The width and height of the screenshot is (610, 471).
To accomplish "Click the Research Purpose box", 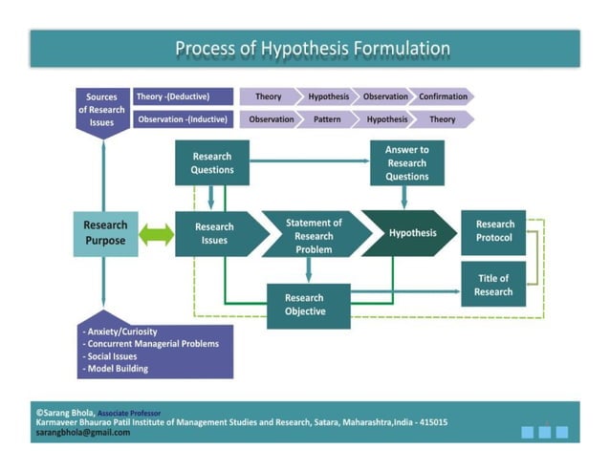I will [x=104, y=233].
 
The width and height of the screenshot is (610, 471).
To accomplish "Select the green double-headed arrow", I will [x=156, y=234].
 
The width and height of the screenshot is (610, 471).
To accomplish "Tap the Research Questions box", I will [x=211, y=163].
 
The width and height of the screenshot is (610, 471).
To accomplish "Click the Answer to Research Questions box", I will [x=406, y=163].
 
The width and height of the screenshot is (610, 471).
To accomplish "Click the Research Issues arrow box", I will [x=214, y=234].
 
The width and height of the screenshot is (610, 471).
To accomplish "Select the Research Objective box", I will [x=304, y=305].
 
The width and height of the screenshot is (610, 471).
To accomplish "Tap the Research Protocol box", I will [x=493, y=231].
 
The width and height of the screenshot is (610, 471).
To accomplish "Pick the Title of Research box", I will [x=493, y=285].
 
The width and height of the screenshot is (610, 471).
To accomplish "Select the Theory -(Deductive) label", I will [x=183, y=96].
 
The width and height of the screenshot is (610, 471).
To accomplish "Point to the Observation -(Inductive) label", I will [x=183, y=120].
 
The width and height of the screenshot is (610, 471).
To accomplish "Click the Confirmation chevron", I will [x=443, y=96].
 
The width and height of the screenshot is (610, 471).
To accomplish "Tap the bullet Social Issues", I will [x=115, y=355].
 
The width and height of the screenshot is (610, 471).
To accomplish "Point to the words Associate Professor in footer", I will [x=129, y=413].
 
